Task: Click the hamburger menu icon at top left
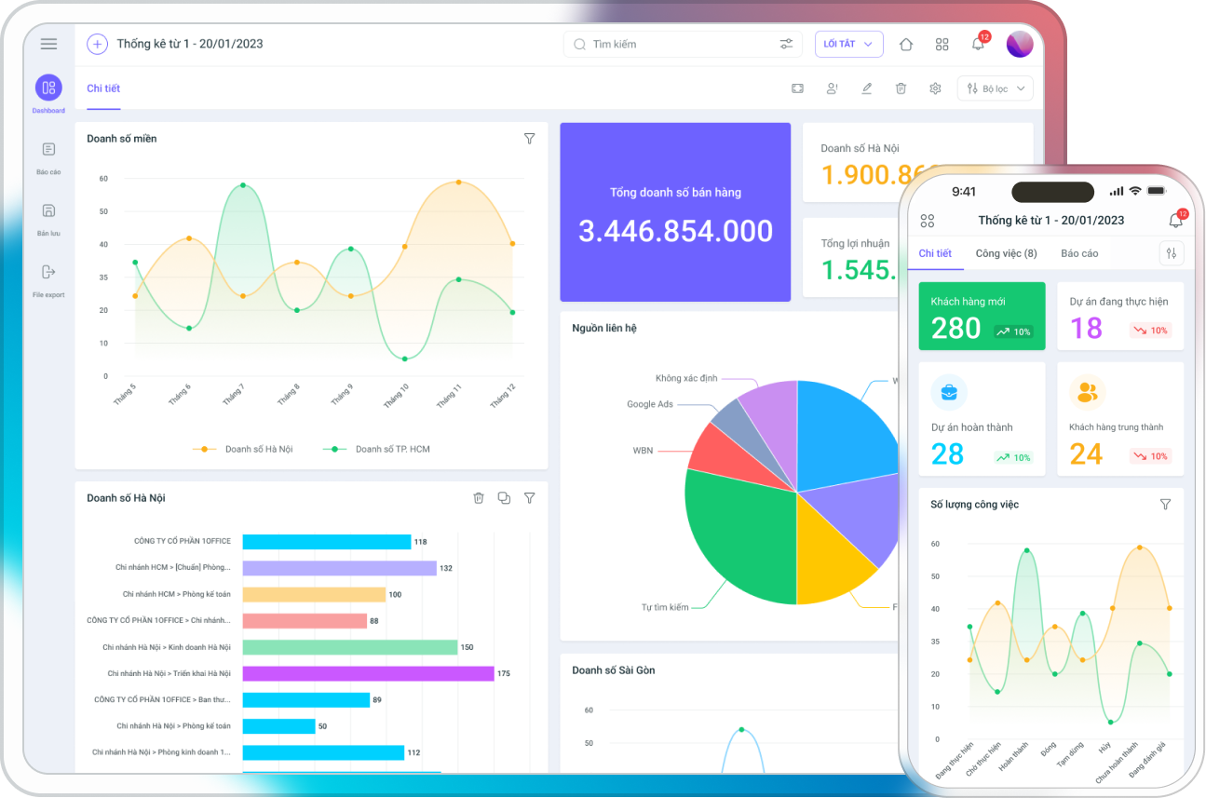[x=49, y=44]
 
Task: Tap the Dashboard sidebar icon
[x=48, y=88]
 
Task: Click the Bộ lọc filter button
[x=995, y=88]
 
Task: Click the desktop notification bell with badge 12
[x=978, y=44]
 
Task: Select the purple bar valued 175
[x=368, y=673]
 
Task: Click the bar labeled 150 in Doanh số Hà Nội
[x=350, y=647]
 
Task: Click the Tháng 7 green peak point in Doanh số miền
[x=243, y=185]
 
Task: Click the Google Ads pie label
[x=649, y=404]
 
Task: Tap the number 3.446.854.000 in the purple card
[x=675, y=232]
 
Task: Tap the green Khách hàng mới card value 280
[x=955, y=328]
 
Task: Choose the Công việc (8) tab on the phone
[x=1006, y=253]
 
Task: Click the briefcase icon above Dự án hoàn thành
[x=948, y=392]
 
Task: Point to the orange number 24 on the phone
[x=1086, y=454]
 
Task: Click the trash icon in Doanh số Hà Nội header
[x=479, y=498]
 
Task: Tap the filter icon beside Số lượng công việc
[x=1165, y=504]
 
